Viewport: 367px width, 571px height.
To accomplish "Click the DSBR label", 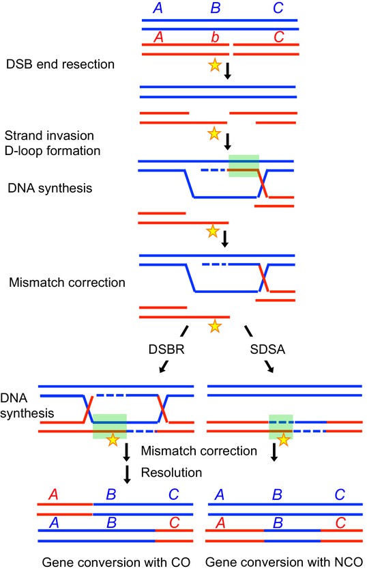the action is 166,349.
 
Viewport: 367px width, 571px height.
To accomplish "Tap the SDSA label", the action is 267,349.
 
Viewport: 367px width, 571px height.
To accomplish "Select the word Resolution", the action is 171,473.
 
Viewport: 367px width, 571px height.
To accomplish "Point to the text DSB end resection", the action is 61,64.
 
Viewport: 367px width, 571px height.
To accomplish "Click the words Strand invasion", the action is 50,135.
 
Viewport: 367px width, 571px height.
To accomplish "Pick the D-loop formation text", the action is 53,151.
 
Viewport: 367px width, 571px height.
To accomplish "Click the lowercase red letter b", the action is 215,37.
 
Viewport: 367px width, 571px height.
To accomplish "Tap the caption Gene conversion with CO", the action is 116,562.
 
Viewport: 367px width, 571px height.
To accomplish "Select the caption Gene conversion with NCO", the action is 284,562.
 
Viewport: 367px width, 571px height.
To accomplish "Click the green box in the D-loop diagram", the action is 244,166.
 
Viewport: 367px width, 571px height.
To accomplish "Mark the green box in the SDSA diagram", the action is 281,426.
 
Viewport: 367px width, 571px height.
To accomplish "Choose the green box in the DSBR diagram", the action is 110,426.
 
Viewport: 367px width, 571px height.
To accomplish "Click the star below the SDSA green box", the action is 283,440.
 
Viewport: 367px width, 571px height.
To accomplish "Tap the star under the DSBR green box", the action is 113,440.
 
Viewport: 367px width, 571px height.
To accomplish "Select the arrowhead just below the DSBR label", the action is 162,367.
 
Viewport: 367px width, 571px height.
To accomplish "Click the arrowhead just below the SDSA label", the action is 270,367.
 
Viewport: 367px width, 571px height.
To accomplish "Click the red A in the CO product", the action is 53,495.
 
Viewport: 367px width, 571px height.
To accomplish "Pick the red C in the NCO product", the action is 340,523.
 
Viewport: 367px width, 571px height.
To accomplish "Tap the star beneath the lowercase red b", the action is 215,65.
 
